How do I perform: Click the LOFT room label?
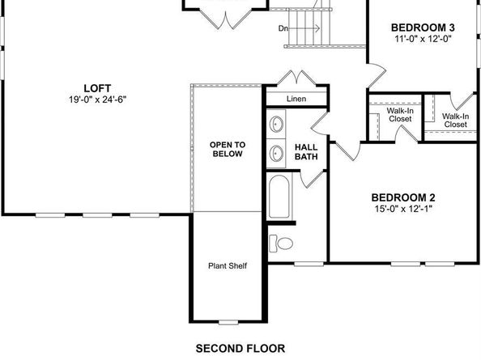pyautogui.click(x=96, y=87)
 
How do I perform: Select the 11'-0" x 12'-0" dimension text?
pyautogui.click(x=420, y=38)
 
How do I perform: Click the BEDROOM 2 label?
pyautogui.click(x=403, y=197)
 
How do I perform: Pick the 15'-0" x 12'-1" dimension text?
pyautogui.click(x=403, y=210)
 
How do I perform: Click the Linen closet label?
pyautogui.click(x=296, y=99)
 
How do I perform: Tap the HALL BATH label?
pyautogui.click(x=306, y=152)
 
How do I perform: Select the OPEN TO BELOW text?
pyautogui.click(x=227, y=150)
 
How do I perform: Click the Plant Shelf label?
pyautogui.click(x=227, y=265)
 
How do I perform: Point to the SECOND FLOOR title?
pyautogui.click(x=240, y=349)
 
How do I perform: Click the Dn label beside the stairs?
pyautogui.click(x=283, y=28)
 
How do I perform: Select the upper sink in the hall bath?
pyautogui.click(x=277, y=125)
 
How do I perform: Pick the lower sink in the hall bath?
pyautogui.click(x=277, y=151)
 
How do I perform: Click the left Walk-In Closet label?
pyautogui.click(x=400, y=114)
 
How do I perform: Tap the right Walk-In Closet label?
pyautogui.click(x=454, y=120)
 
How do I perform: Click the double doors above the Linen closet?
pyautogui.click(x=296, y=79)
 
